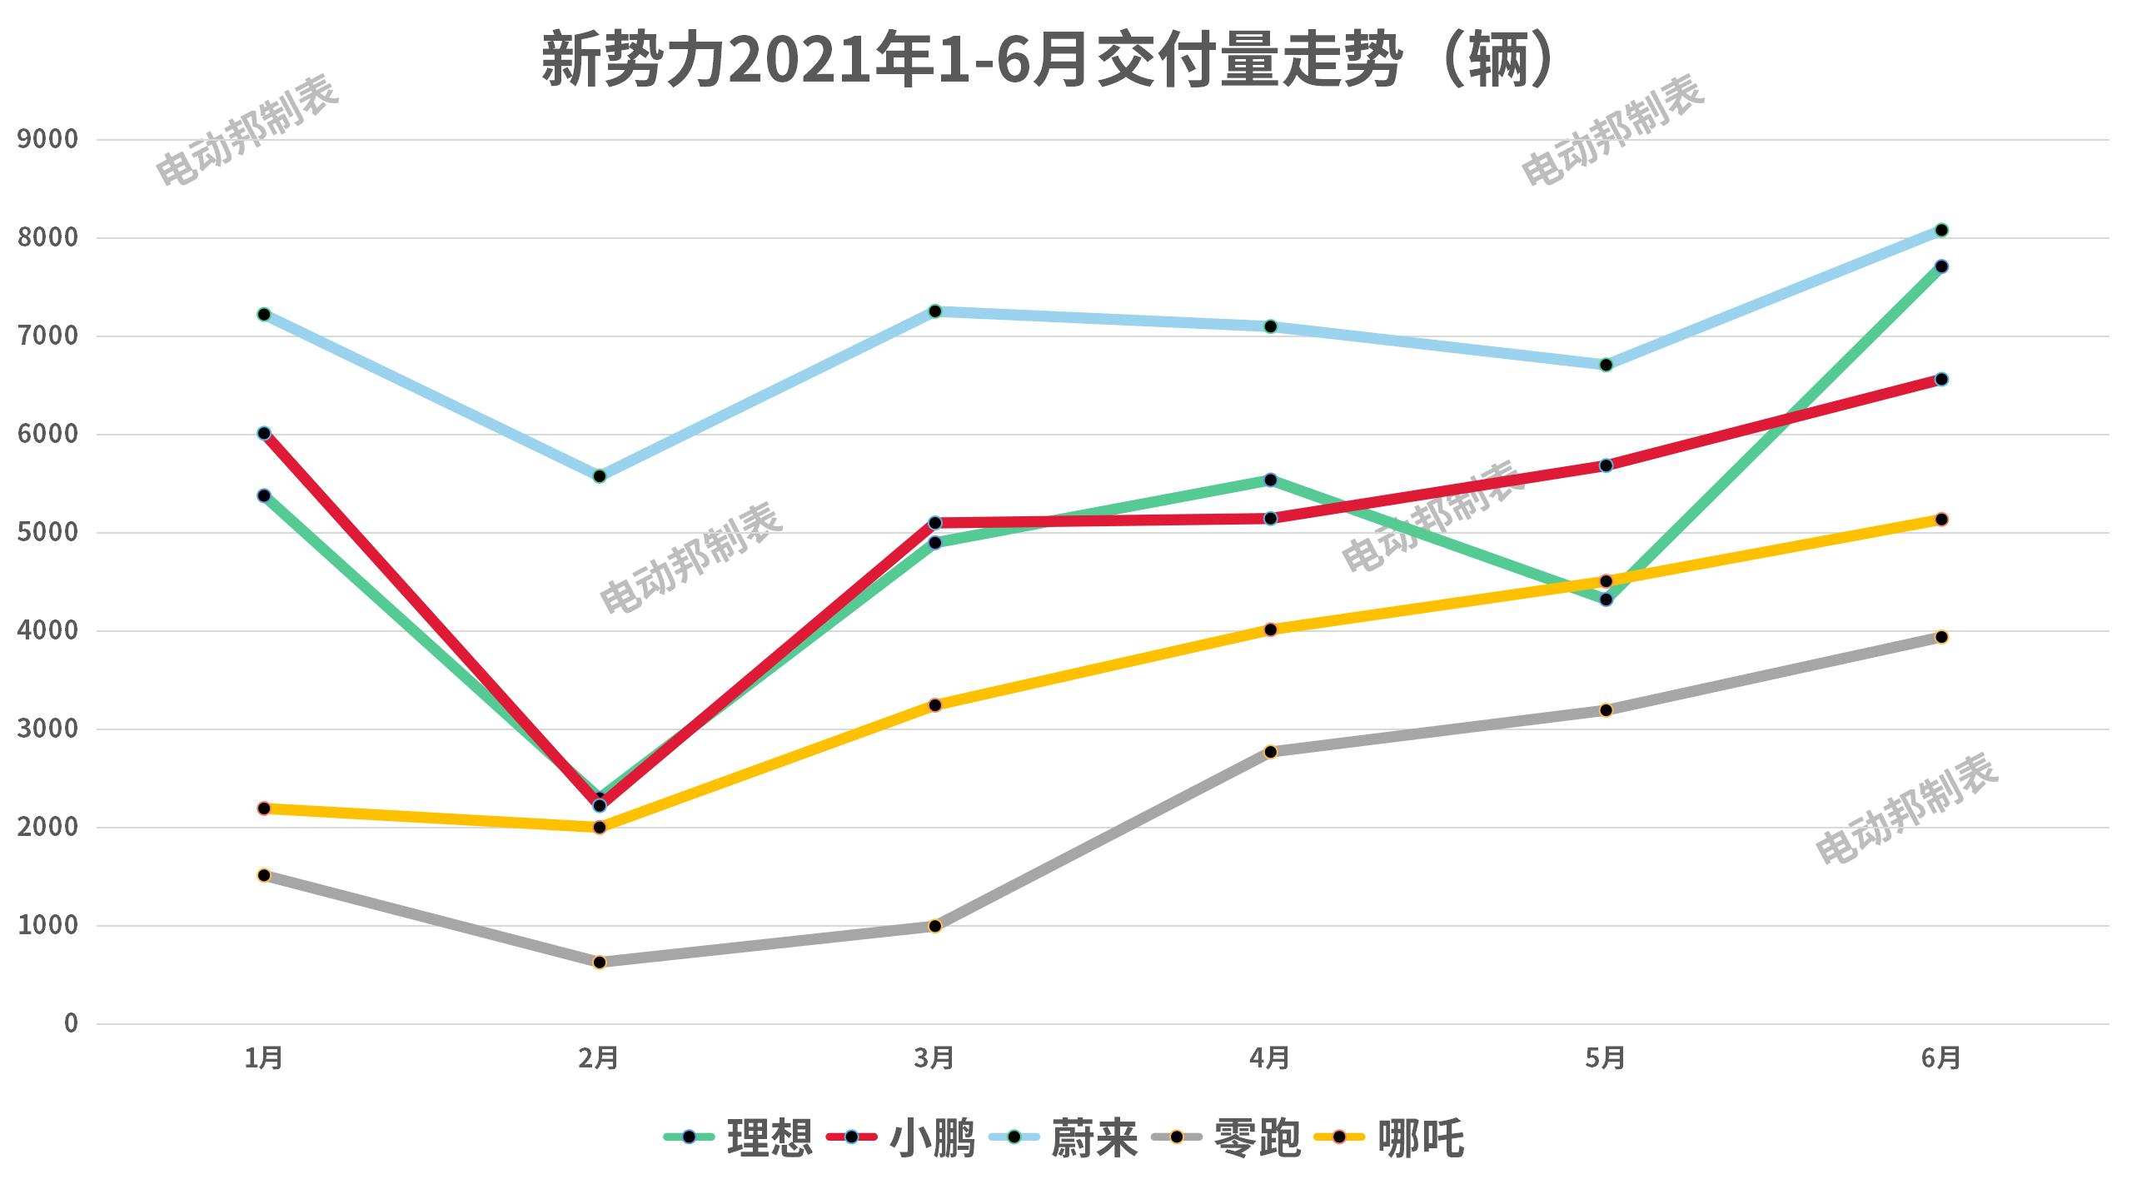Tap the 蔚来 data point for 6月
point(1941,230)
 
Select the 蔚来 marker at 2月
point(600,476)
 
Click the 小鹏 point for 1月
point(264,433)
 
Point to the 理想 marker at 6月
point(1941,266)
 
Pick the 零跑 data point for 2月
point(600,963)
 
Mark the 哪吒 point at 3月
point(934,705)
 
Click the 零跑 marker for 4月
point(1271,752)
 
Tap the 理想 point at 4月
point(1271,480)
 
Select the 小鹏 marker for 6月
point(1941,380)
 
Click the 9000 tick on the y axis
point(47,139)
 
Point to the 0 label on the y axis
point(71,1023)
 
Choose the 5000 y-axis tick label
point(47,532)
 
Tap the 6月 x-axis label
point(1941,1058)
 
